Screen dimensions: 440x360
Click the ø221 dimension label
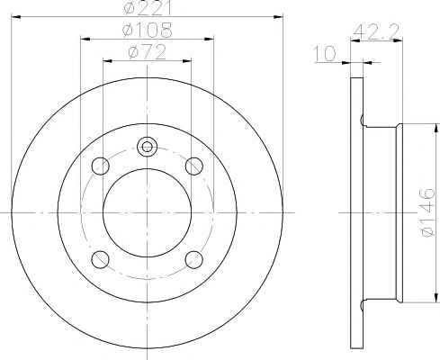pos(147,7)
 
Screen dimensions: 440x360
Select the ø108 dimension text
pos(148,30)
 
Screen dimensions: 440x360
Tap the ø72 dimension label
pos(147,52)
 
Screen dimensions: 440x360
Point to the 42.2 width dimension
pos(376,31)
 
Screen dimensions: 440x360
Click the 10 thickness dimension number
pos(325,54)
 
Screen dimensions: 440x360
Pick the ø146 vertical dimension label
pos(427,212)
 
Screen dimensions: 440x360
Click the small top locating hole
pos(147,147)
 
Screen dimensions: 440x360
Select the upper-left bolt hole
pos(100,166)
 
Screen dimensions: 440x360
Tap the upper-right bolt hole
pos(194,166)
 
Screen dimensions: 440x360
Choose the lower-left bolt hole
pos(100,259)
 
